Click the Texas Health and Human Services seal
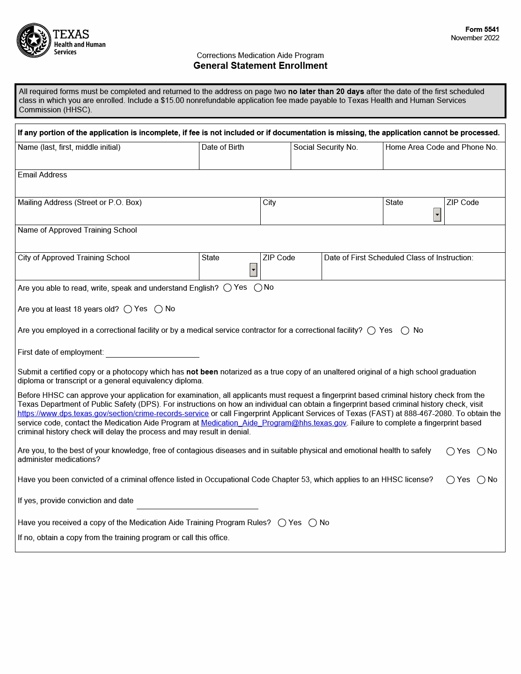[34, 41]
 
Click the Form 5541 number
[482, 29]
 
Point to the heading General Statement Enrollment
[260, 66]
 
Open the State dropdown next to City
[437, 215]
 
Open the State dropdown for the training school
[253, 270]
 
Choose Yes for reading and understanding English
[227, 288]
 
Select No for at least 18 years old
[158, 309]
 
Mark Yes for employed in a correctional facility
[372, 331]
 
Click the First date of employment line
[152, 352]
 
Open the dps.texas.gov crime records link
[113, 414]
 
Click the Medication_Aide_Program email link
[273, 423]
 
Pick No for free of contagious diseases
[481, 452]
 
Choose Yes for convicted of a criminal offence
[450, 480]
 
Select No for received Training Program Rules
[313, 523]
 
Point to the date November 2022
[475, 38]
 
